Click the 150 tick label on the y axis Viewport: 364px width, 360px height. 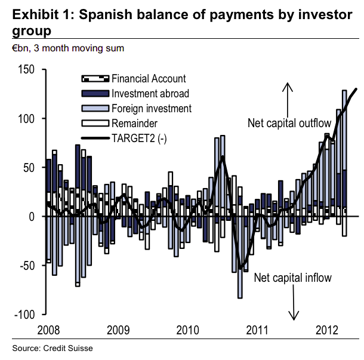pos(27,70)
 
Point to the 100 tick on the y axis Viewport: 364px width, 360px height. pos(27,119)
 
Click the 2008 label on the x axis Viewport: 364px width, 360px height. pos(48,330)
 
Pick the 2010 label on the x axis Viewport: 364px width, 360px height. pos(188,330)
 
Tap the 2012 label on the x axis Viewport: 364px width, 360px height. pos(327,330)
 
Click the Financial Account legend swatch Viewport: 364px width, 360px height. pos(94,79)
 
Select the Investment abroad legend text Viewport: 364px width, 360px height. pos(150,93)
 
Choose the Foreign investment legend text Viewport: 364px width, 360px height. pos(151,108)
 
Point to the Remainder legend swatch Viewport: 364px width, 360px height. pos(94,124)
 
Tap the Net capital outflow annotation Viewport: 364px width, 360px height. pos(289,124)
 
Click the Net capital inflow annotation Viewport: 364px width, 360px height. pos(292,278)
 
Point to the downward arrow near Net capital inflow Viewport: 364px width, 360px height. pos(294,304)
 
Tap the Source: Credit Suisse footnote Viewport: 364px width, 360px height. pos(53,347)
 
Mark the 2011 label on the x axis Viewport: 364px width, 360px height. pos(258,330)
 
